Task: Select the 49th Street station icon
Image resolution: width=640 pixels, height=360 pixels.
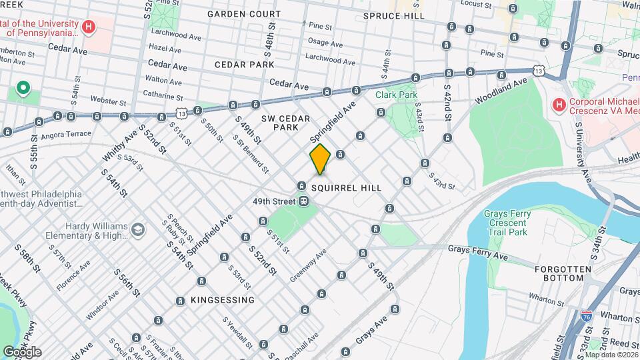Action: pyautogui.click(x=303, y=201)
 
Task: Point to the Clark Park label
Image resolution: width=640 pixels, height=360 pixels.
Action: pyautogui.click(x=396, y=95)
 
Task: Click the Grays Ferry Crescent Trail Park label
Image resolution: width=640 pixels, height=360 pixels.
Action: pyautogui.click(x=505, y=223)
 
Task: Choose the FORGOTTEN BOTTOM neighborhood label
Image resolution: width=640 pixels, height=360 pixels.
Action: pyautogui.click(x=563, y=274)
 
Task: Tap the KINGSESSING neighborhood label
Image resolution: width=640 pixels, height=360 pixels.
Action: pyautogui.click(x=222, y=300)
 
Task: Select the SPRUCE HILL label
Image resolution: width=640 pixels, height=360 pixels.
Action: pyautogui.click(x=394, y=15)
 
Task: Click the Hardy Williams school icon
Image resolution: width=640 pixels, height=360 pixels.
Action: pyautogui.click(x=138, y=229)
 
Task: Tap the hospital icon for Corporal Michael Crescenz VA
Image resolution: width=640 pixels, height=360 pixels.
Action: pyautogui.click(x=559, y=105)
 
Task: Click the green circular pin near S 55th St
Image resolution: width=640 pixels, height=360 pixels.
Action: pyautogui.click(x=23, y=88)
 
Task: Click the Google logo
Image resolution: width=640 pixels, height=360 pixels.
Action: pyautogui.click(x=23, y=351)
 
